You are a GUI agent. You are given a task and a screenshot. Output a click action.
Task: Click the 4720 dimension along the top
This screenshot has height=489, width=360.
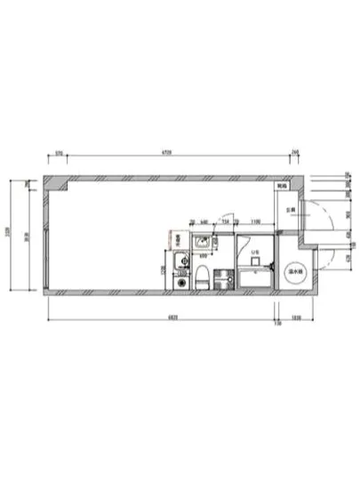(166, 152)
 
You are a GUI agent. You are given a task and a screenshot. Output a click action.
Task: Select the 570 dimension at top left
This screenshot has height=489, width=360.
(59, 152)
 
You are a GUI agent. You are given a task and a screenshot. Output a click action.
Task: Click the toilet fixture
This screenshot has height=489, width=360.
(202, 277)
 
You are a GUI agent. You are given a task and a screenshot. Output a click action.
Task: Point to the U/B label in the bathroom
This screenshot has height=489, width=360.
(254, 253)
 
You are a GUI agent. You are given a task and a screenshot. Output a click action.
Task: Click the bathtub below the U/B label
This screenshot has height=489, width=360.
(256, 280)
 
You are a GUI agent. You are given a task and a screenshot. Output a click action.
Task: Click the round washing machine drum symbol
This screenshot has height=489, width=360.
(182, 282)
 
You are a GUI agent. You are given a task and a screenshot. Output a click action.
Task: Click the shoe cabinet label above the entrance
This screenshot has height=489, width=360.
(282, 187)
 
